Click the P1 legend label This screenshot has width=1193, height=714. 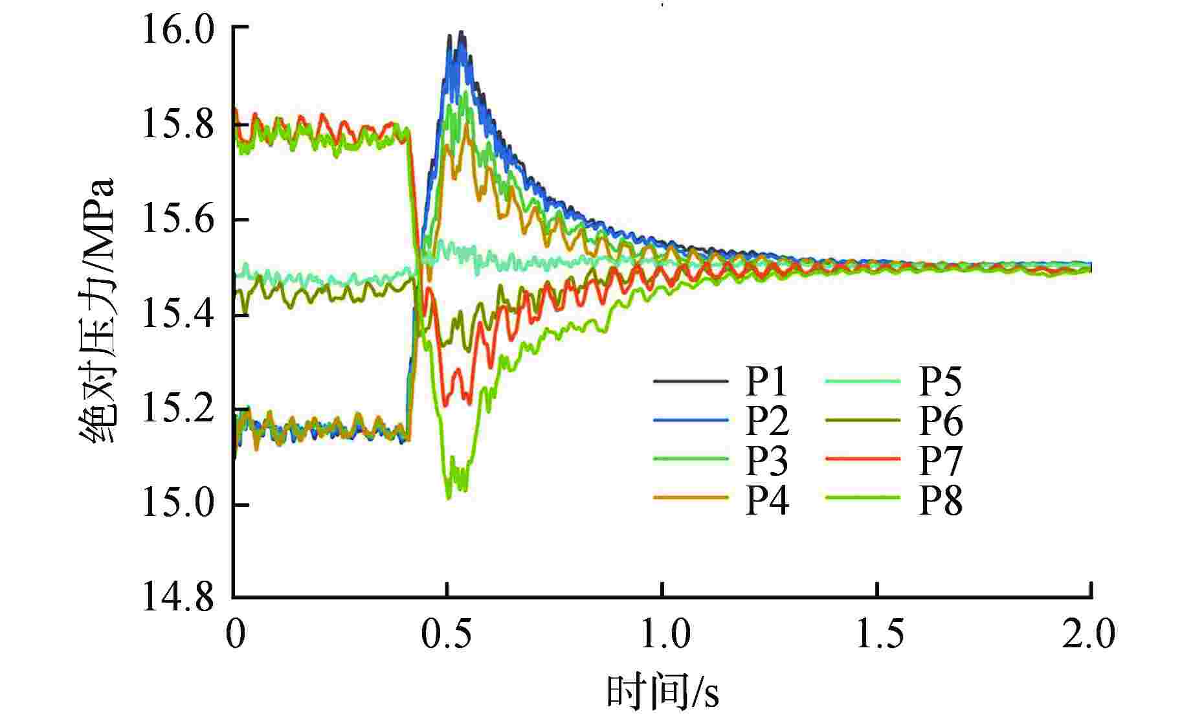tap(766, 382)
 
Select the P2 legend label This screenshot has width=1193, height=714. tap(766, 421)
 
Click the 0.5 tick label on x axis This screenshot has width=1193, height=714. tap(447, 634)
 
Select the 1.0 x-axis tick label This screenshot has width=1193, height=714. tap(662, 634)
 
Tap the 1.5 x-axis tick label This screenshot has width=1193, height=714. tap(877, 634)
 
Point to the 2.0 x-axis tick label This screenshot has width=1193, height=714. tap(1089, 634)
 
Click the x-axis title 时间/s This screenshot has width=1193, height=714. tap(662, 691)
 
